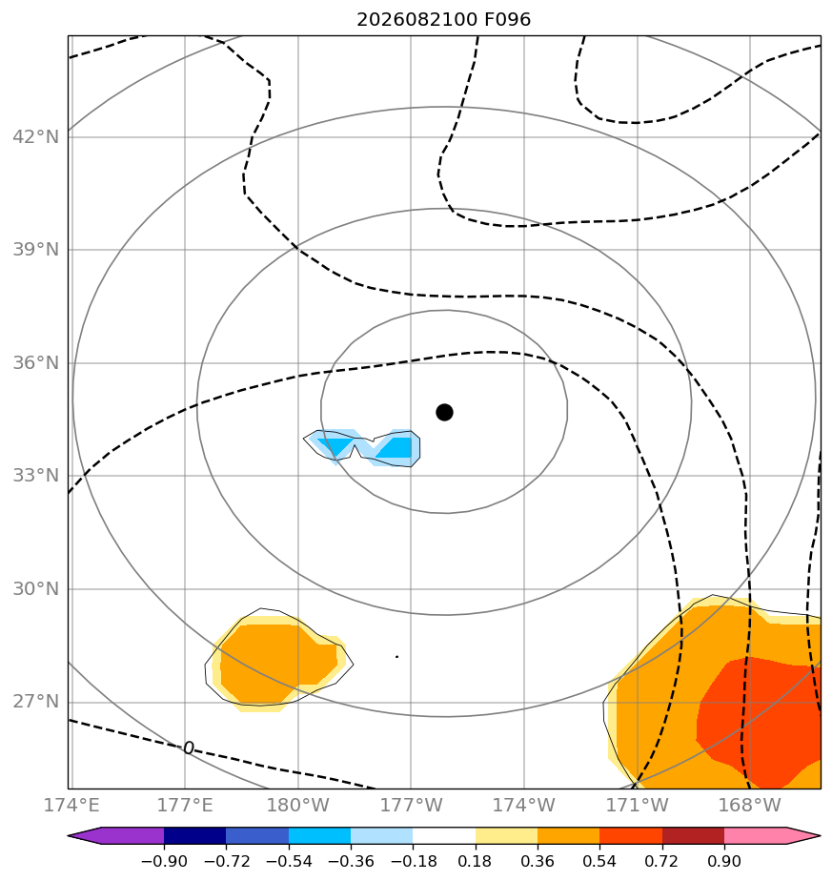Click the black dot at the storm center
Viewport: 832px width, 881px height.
coord(444,413)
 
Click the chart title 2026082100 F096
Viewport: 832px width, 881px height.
coord(443,20)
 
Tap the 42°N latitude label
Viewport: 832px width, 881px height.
coord(35,136)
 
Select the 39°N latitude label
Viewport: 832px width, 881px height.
coord(35,250)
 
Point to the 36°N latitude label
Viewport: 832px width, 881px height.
coord(35,363)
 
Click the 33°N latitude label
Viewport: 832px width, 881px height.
coord(35,476)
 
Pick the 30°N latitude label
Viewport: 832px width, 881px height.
coord(35,589)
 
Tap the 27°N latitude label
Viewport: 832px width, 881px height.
coord(35,702)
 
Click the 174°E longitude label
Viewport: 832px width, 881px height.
coord(71,805)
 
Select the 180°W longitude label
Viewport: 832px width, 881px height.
coord(297,805)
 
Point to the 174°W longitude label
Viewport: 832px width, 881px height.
coord(523,805)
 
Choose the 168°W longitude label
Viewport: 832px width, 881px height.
coord(750,805)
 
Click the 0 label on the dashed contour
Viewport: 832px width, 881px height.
coord(189,748)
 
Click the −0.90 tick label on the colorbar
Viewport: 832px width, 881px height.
coord(164,861)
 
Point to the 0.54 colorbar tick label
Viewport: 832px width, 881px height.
coord(599,861)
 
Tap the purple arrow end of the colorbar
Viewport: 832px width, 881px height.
coord(115,835)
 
